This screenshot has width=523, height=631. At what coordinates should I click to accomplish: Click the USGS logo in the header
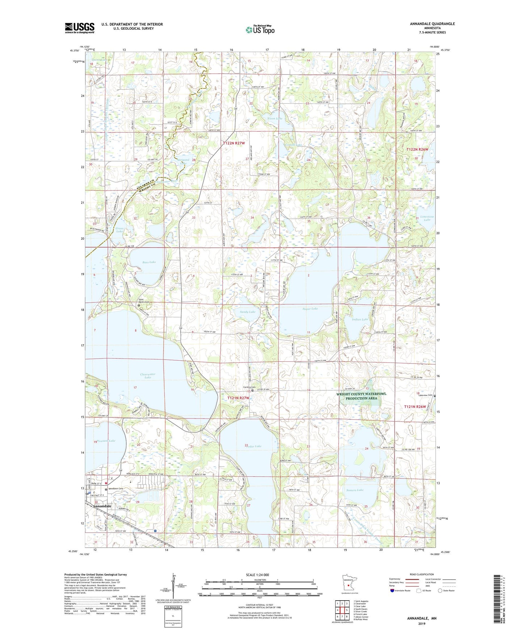tap(80, 28)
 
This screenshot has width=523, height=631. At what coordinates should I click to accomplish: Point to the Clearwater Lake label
tap(147, 376)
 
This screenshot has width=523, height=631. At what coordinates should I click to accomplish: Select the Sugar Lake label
tap(310, 309)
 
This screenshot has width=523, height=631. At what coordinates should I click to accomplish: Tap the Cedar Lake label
tap(253, 446)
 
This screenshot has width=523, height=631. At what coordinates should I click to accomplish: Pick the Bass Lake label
tap(149, 262)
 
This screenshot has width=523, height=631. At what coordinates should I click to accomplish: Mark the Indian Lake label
tap(360, 319)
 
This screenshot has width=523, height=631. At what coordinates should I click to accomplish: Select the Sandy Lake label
tap(248, 312)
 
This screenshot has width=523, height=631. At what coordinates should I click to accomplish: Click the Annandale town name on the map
tap(102, 506)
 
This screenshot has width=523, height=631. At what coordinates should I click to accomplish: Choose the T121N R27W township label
tap(238, 398)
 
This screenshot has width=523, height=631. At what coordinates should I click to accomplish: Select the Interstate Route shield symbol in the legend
tap(393, 591)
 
